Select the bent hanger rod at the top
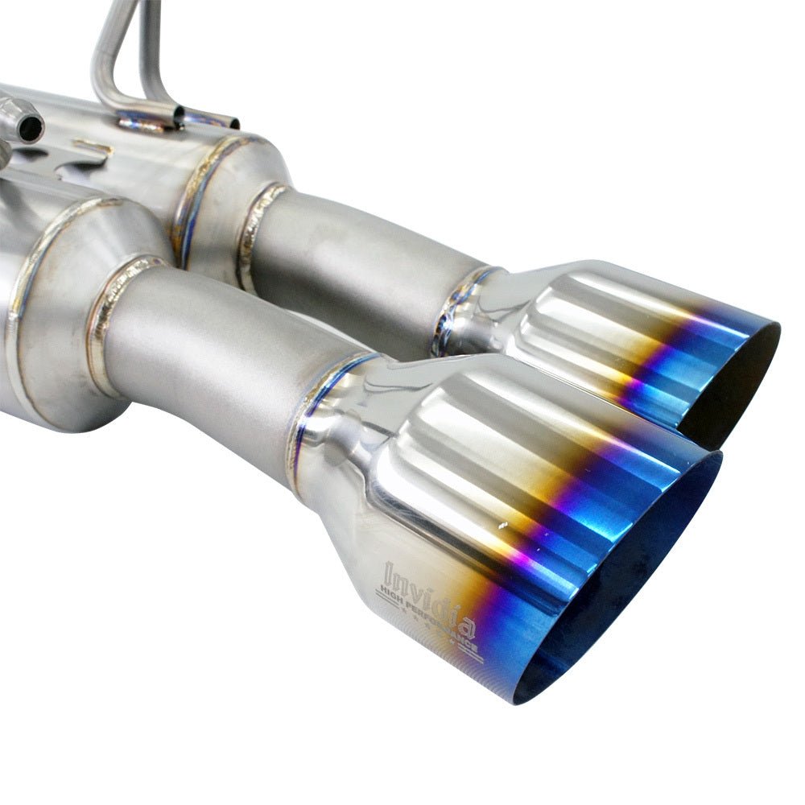click(x=109, y=48)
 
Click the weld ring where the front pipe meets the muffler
click(x=109, y=322)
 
